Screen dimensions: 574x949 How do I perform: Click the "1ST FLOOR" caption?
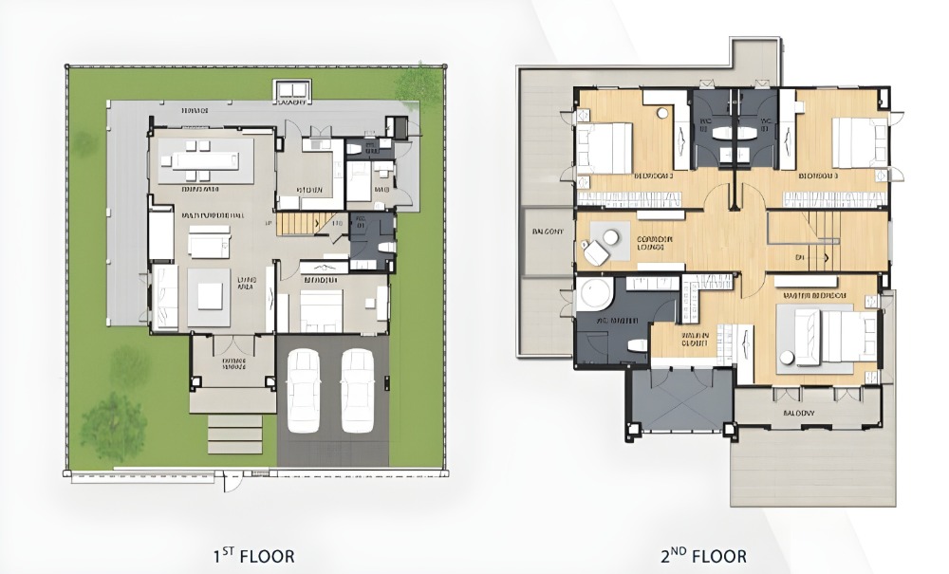[255, 555]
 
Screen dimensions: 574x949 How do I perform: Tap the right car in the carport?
[358, 388]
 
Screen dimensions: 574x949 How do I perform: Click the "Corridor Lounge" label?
[655, 243]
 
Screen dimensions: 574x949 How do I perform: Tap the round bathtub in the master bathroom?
[595, 295]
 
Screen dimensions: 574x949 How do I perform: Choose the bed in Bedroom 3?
[858, 143]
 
